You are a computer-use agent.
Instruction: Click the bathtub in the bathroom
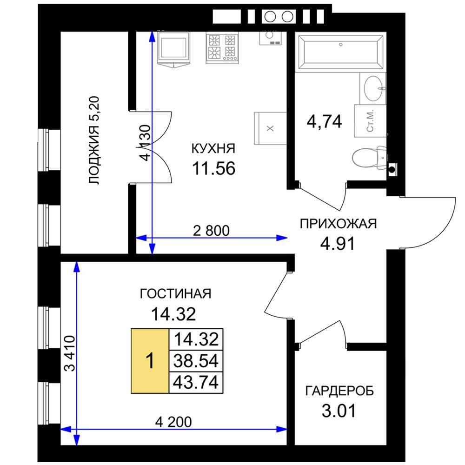[x=340, y=52]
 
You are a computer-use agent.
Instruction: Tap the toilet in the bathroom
[x=369, y=157]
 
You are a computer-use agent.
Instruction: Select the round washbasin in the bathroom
[x=373, y=88]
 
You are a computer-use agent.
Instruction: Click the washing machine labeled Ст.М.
[x=370, y=121]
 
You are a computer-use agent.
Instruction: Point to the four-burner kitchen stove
[x=222, y=48]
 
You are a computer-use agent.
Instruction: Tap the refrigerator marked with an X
[x=270, y=128]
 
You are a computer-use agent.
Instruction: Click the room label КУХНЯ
[x=213, y=148]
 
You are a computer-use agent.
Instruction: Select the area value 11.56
[x=213, y=168]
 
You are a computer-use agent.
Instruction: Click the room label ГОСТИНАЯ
[x=176, y=293]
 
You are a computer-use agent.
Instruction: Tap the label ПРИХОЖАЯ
[x=338, y=224]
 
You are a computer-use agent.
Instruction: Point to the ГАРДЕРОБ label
[x=339, y=391]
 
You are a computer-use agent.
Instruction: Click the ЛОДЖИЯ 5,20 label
[x=94, y=140]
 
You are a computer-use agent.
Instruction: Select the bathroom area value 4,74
[x=324, y=121]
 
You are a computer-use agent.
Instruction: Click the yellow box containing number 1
[x=150, y=361]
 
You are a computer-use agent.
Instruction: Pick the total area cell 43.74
[x=196, y=382]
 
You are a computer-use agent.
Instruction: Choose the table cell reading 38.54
[x=196, y=361]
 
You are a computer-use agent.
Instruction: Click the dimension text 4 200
[x=173, y=422]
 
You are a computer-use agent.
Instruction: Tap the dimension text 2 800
[x=211, y=231]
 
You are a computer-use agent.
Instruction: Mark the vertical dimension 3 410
[x=70, y=353]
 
